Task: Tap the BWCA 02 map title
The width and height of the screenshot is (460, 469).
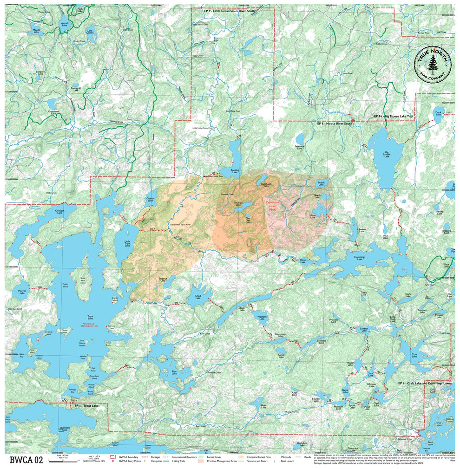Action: tap(26, 460)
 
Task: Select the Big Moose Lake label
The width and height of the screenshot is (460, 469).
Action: tap(387, 154)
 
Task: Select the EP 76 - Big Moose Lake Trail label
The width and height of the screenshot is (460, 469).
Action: tap(393, 116)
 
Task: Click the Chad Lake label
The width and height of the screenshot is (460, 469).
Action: tap(198, 297)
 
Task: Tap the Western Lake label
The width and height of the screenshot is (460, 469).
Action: tap(262, 319)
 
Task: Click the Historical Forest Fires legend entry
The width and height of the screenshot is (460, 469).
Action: tap(260, 457)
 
